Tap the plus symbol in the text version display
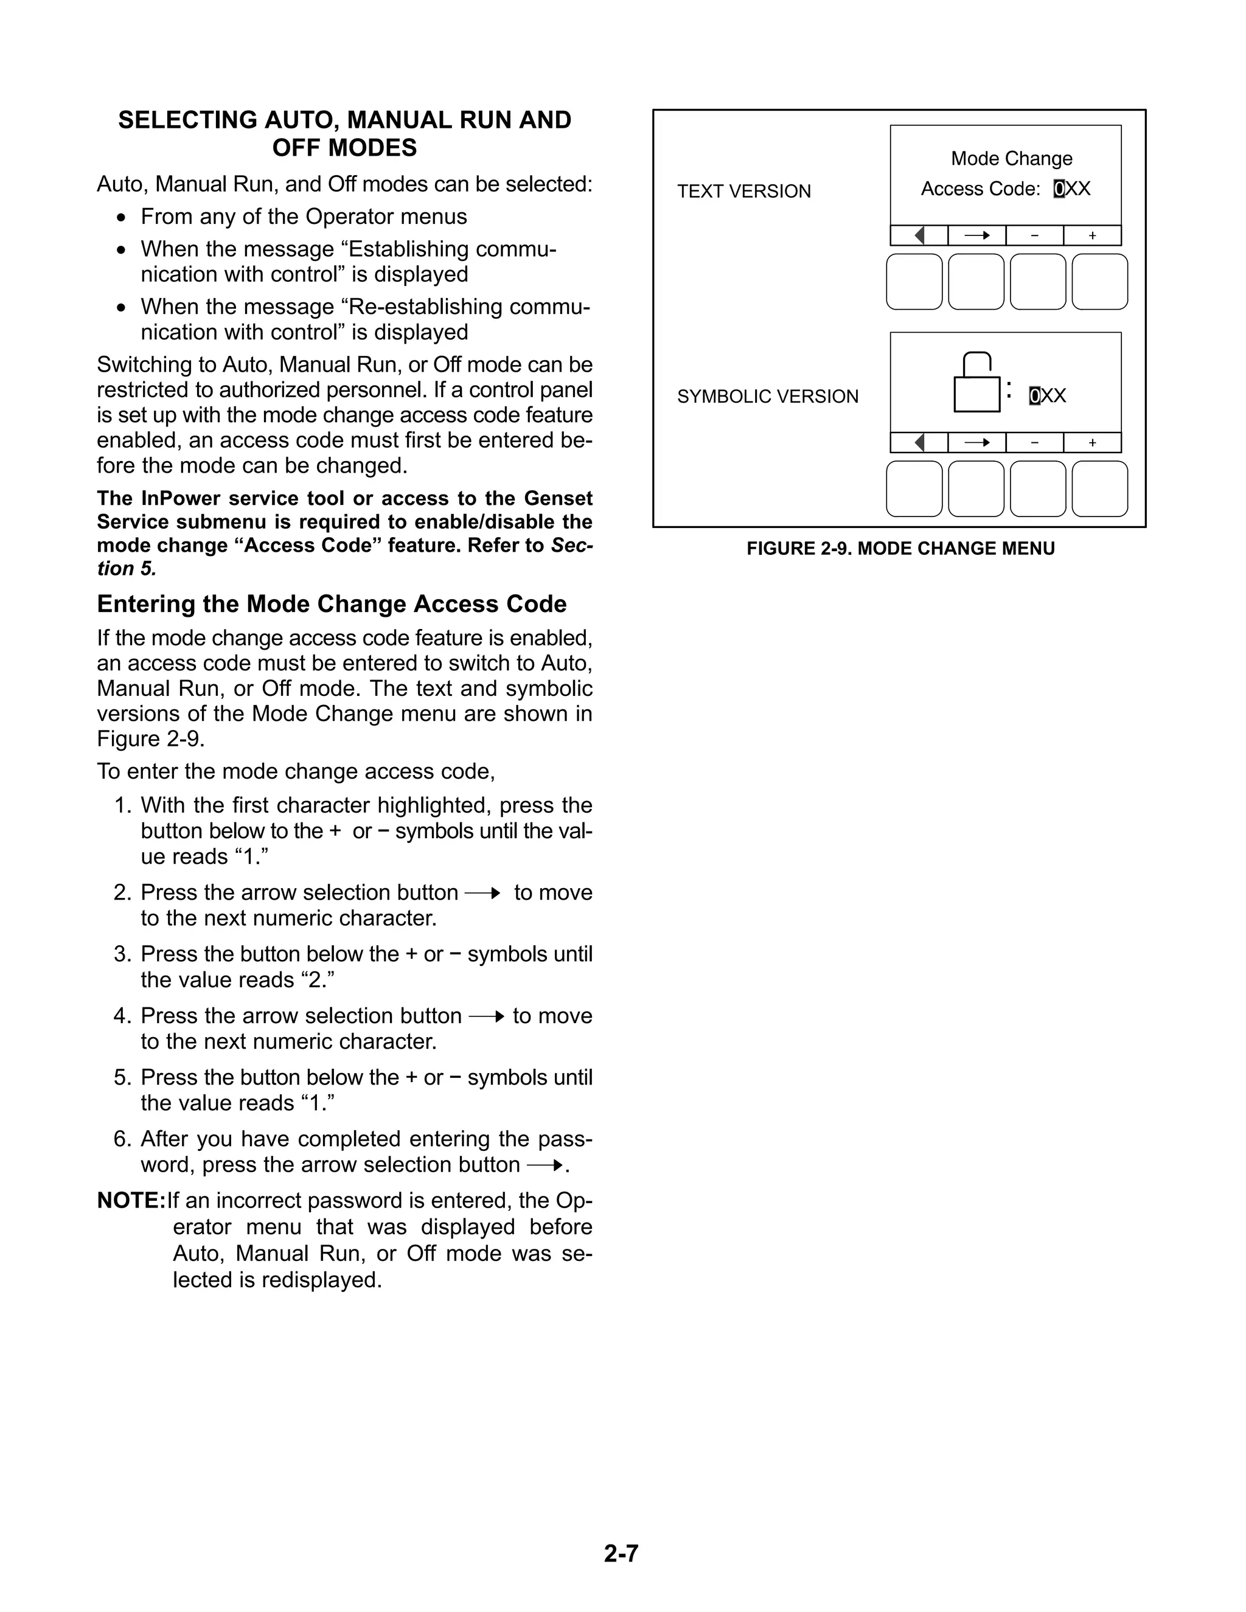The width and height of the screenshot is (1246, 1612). click(x=1093, y=235)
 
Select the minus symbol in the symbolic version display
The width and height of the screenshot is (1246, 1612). click(x=1034, y=442)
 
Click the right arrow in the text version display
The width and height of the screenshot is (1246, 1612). click(x=976, y=235)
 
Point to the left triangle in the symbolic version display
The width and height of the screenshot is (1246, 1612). click(x=919, y=442)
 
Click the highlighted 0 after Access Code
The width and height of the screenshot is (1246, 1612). click(x=1059, y=189)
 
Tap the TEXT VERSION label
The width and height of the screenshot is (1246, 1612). click(x=743, y=191)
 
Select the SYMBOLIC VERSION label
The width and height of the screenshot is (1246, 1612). click(x=768, y=397)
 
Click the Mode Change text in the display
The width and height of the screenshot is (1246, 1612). click(x=1011, y=159)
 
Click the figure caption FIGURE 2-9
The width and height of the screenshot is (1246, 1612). click(x=900, y=549)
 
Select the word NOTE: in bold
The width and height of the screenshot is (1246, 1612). click(x=131, y=1201)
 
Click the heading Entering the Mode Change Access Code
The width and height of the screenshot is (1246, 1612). click(x=332, y=604)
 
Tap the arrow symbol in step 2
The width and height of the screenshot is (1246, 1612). click(x=482, y=893)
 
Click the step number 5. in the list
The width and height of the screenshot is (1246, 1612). click(x=122, y=1078)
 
